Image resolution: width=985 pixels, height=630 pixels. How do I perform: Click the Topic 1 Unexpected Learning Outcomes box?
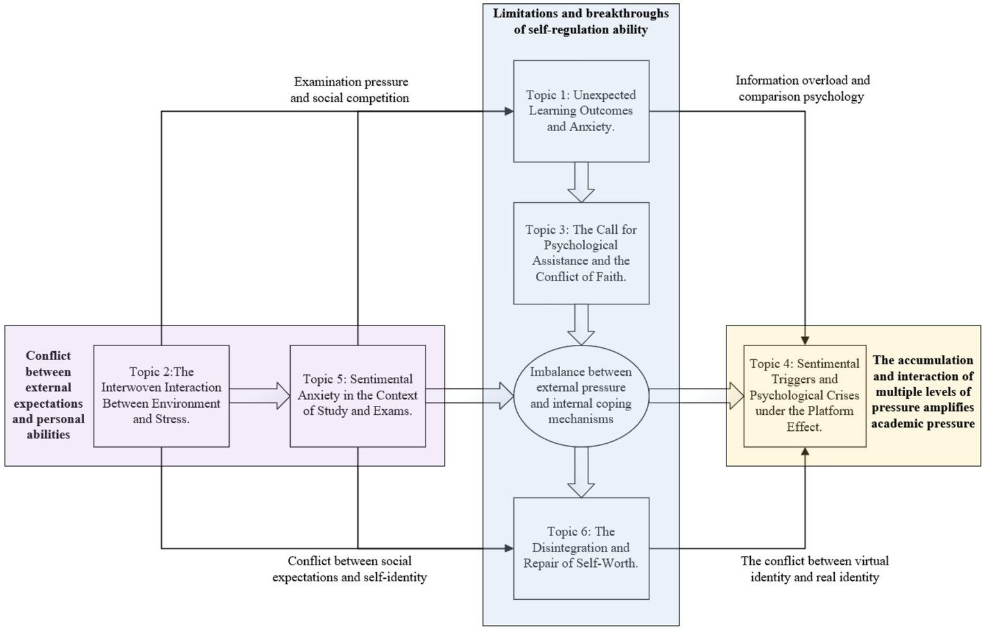(x=581, y=111)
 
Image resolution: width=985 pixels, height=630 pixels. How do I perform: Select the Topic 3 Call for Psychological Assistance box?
(x=581, y=253)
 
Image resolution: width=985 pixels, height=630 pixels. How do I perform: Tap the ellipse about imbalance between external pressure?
(x=581, y=395)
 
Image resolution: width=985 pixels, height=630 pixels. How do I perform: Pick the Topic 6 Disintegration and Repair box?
(x=581, y=548)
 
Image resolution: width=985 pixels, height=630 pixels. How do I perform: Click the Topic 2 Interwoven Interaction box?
(x=161, y=396)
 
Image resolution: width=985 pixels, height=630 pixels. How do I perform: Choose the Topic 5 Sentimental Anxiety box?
(x=357, y=396)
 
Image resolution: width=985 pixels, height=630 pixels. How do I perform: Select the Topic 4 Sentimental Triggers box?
(x=804, y=396)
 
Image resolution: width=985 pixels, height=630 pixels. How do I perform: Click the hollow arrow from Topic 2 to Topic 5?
(x=260, y=396)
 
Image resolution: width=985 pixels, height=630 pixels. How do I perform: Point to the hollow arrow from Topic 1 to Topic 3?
(x=581, y=182)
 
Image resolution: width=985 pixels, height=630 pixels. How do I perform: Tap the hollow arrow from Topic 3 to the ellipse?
(x=581, y=324)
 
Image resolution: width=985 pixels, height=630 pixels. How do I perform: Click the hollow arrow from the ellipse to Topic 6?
(x=581, y=472)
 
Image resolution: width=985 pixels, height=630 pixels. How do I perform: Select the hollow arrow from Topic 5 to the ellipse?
(x=470, y=396)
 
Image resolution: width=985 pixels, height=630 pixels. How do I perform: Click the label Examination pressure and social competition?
(x=350, y=90)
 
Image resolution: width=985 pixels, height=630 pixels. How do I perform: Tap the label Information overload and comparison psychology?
(x=802, y=89)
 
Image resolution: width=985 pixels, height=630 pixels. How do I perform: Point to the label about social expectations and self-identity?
(x=350, y=569)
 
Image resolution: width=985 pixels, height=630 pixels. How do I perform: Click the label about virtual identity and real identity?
(x=815, y=569)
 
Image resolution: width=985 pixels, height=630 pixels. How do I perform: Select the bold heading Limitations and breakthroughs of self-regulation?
(x=581, y=21)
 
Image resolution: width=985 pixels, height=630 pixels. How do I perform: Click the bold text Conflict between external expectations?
(x=48, y=395)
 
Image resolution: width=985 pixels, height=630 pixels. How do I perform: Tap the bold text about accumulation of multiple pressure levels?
(x=923, y=392)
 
